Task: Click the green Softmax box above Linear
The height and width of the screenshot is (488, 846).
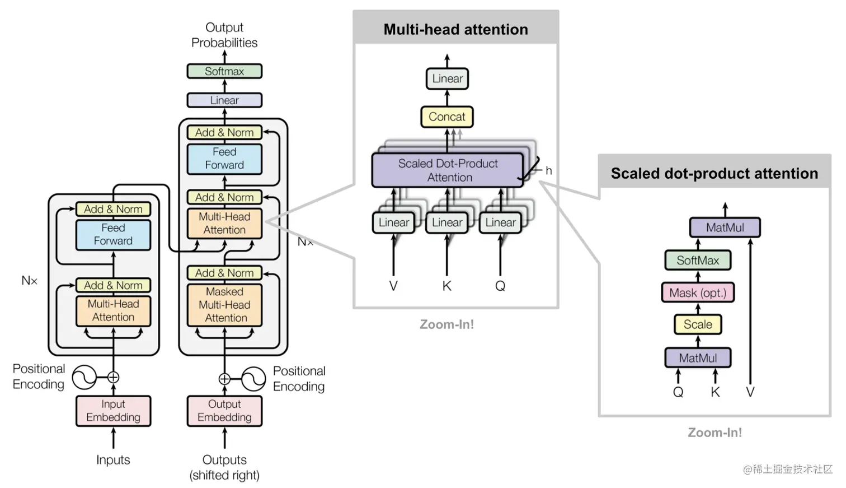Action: pos(224,71)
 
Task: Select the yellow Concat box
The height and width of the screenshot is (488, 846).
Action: pos(446,117)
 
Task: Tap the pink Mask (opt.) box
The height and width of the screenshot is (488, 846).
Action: pos(697,292)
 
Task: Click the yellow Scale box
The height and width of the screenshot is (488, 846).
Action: pos(697,324)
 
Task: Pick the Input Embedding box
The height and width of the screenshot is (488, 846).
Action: pos(113,411)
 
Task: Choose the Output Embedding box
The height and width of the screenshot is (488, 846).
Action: pos(224,411)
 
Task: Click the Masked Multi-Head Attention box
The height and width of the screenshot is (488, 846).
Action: pos(224,305)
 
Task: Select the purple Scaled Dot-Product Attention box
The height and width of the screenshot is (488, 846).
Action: pos(448,170)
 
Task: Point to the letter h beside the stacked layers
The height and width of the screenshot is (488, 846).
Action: pos(548,170)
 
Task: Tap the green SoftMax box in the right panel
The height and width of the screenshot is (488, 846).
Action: pos(697,260)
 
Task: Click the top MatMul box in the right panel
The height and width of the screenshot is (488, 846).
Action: pos(725,227)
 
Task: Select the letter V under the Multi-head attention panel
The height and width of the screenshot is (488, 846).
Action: pos(393,286)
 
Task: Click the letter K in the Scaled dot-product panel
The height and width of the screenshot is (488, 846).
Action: pos(715,392)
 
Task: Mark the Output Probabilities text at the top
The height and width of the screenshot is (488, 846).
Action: pos(224,35)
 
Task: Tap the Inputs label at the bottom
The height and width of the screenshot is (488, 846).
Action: pos(113,460)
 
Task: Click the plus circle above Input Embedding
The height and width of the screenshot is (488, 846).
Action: pos(113,377)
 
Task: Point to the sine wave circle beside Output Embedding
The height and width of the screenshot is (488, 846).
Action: pos(253,379)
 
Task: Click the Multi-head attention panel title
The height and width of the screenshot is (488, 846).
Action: pos(455,29)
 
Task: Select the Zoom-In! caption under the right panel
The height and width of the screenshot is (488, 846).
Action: pos(715,433)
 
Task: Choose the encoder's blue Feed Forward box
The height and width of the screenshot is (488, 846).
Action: pos(113,234)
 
